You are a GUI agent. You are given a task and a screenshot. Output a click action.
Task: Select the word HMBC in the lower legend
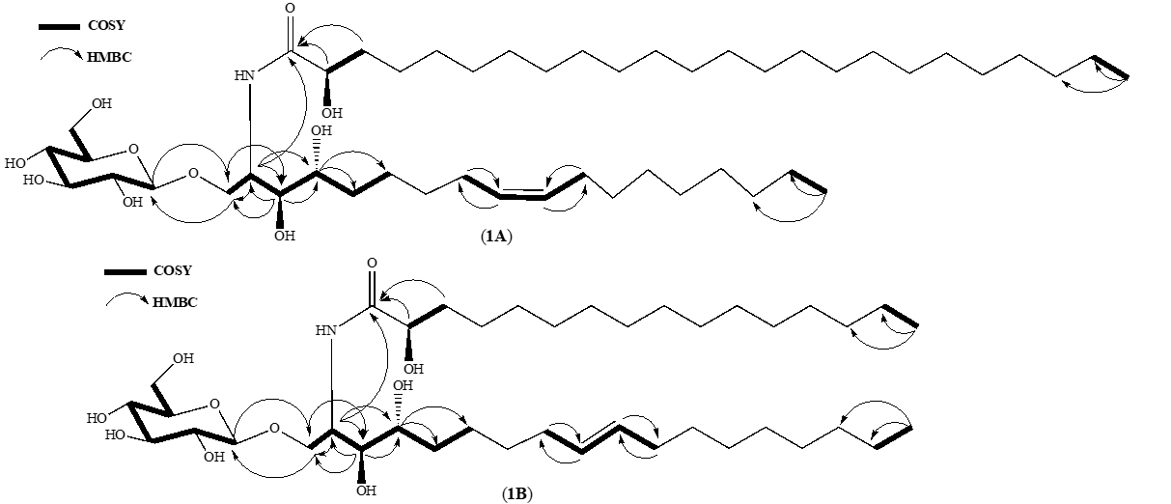[x=174, y=302]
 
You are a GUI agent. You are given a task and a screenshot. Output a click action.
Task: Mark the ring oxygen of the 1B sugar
[x=214, y=406]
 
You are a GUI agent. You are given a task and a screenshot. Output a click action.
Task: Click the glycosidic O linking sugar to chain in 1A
[x=194, y=174]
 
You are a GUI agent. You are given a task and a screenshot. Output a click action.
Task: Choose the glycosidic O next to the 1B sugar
[x=275, y=429]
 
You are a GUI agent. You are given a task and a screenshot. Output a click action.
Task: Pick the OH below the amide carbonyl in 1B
[x=413, y=368]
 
